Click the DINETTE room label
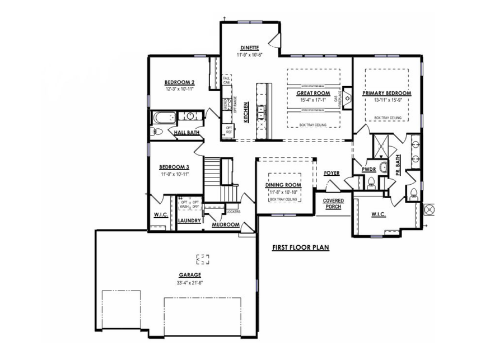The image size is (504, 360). [250, 48]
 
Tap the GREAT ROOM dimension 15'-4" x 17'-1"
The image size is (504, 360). [313, 100]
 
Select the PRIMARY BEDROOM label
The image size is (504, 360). [386, 93]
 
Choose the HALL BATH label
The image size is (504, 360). [187, 133]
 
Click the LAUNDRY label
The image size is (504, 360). [189, 221]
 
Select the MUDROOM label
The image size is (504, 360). [226, 225]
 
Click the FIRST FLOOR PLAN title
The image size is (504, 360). [300, 247]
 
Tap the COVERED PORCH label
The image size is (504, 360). [333, 203]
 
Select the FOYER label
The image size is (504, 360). [332, 173]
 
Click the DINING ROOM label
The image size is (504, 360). [283, 185]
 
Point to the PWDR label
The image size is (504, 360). [368, 169]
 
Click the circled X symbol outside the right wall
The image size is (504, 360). [430, 208]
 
